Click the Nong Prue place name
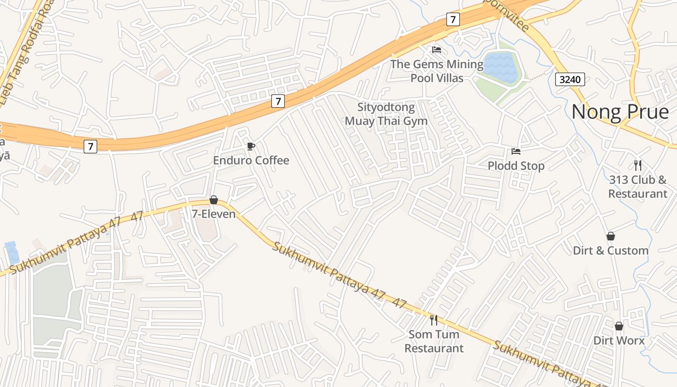(x=620, y=112)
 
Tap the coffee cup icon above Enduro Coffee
(x=250, y=146)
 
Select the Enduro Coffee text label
(x=251, y=160)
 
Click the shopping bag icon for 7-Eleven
(x=214, y=200)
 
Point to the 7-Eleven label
(x=214, y=214)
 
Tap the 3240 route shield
(x=570, y=79)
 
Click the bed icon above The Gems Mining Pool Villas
(x=437, y=49)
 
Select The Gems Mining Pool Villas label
(x=437, y=71)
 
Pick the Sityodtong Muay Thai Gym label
(x=386, y=114)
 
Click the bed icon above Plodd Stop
(x=516, y=151)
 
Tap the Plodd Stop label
(x=516, y=166)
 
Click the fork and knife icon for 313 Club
(x=638, y=165)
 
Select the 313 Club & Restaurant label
(x=638, y=187)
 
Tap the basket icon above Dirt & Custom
(x=611, y=236)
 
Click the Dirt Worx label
(x=619, y=341)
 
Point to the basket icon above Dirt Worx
(x=619, y=326)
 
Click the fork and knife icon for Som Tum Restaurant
(x=434, y=320)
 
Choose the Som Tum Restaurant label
(x=434, y=341)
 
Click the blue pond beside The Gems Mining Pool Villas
(x=500, y=67)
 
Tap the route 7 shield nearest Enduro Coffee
(x=278, y=101)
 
